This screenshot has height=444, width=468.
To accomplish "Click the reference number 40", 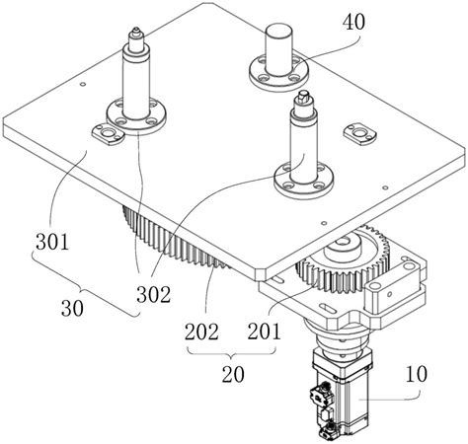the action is (353, 23).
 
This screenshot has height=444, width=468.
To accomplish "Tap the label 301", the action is (52, 242).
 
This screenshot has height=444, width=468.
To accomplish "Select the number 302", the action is (154, 294).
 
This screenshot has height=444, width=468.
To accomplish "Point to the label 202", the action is (201, 332).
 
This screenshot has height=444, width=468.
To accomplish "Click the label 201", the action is (265, 331).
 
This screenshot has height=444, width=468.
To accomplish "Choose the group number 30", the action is (72, 308).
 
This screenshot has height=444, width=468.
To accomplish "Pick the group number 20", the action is (233, 374).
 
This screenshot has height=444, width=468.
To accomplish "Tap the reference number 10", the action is (417, 374).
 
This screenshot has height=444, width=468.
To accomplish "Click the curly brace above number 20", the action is (231, 354).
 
